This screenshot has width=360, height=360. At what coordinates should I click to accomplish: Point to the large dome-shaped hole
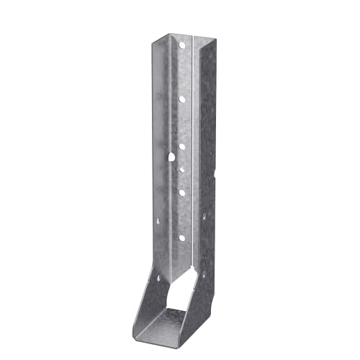pyautogui.click(x=173, y=156)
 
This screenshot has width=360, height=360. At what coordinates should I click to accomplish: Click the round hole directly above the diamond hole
pyautogui.click(x=181, y=146)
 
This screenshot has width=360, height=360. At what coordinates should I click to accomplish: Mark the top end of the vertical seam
pyautogui.click(x=195, y=34)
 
